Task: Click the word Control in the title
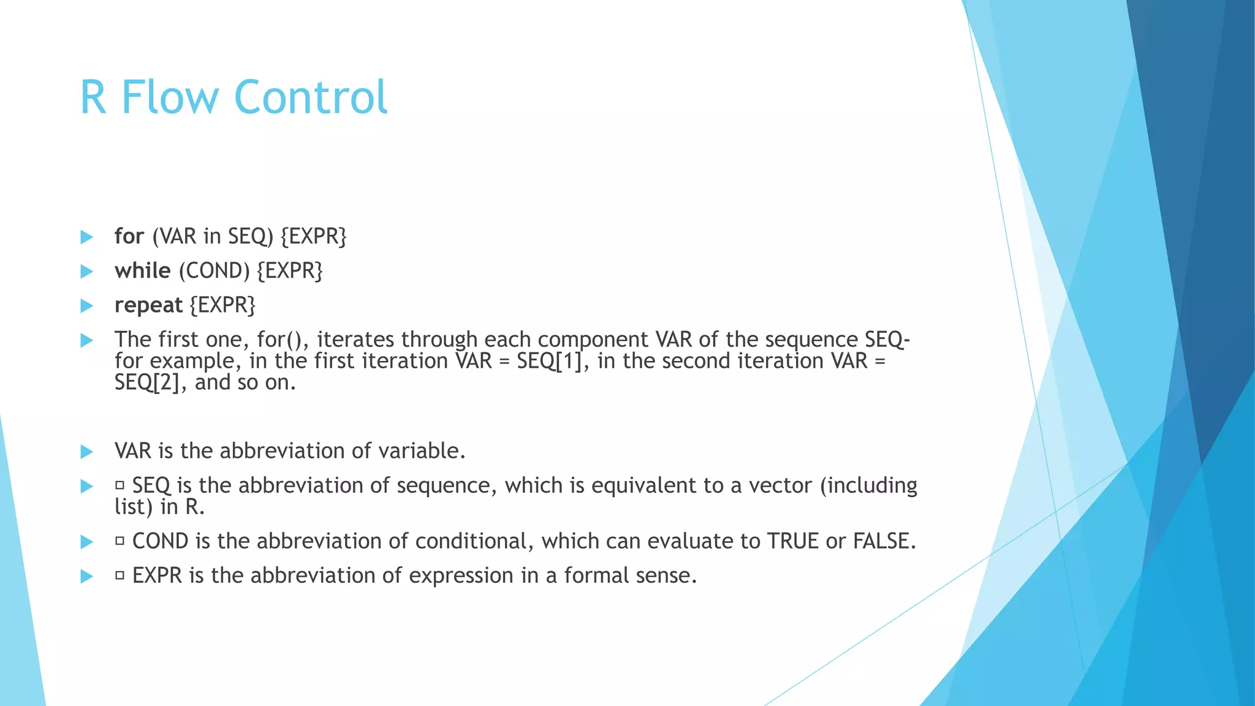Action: [x=311, y=97]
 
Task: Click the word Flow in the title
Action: [x=170, y=97]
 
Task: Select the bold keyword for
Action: [x=129, y=236]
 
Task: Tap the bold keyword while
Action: [x=142, y=270]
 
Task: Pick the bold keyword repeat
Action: [x=148, y=305]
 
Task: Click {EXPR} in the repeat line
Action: [x=222, y=305]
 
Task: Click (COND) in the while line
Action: [x=214, y=270]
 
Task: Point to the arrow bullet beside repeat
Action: [x=86, y=305]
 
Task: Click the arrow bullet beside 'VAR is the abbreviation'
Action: [x=86, y=452]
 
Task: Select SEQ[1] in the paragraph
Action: [x=549, y=361]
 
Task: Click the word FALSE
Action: [x=884, y=541]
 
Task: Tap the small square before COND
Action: [x=119, y=541]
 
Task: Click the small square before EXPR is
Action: [x=119, y=575]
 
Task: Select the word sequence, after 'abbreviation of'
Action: [x=447, y=485]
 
